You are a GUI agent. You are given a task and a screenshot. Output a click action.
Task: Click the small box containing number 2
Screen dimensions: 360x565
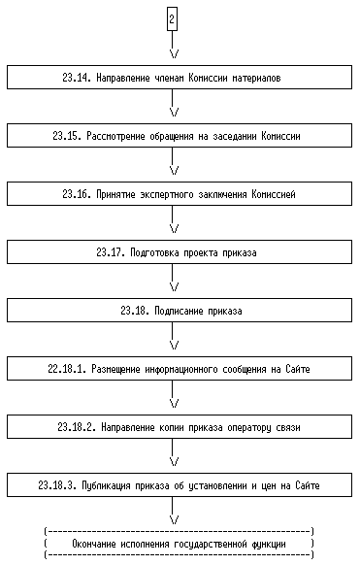click(x=172, y=19)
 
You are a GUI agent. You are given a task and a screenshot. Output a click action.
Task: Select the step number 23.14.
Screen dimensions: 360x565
click(x=77, y=78)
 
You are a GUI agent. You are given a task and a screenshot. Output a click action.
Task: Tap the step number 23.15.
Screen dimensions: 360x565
click(x=67, y=136)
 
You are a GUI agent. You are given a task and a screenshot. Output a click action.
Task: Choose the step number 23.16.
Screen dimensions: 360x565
click(x=77, y=194)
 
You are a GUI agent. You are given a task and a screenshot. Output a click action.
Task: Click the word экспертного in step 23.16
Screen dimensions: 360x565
click(x=162, y=194)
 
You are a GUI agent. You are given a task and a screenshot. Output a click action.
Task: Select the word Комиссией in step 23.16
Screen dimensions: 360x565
click(x=274, y=194)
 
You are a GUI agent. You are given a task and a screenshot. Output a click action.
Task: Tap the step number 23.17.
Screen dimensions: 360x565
click(x=111, y=252)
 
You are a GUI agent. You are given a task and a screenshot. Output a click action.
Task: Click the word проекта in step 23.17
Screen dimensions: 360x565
click(x=201, y=253)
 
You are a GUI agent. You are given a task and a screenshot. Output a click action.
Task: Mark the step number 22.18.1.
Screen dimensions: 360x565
click(x=67, y=369)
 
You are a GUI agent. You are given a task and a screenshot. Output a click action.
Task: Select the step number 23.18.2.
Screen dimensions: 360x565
click(x=77, y=427)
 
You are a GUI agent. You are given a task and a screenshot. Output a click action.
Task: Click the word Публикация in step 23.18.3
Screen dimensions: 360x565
click(x=106, y=485)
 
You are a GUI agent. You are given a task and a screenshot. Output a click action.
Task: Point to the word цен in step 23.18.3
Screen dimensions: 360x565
click(x=269, y=486)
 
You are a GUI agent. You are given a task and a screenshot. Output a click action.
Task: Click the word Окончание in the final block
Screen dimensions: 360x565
click(x=93, y=544)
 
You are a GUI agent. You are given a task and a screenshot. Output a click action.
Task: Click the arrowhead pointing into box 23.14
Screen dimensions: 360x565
click(x=174, y=54)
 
